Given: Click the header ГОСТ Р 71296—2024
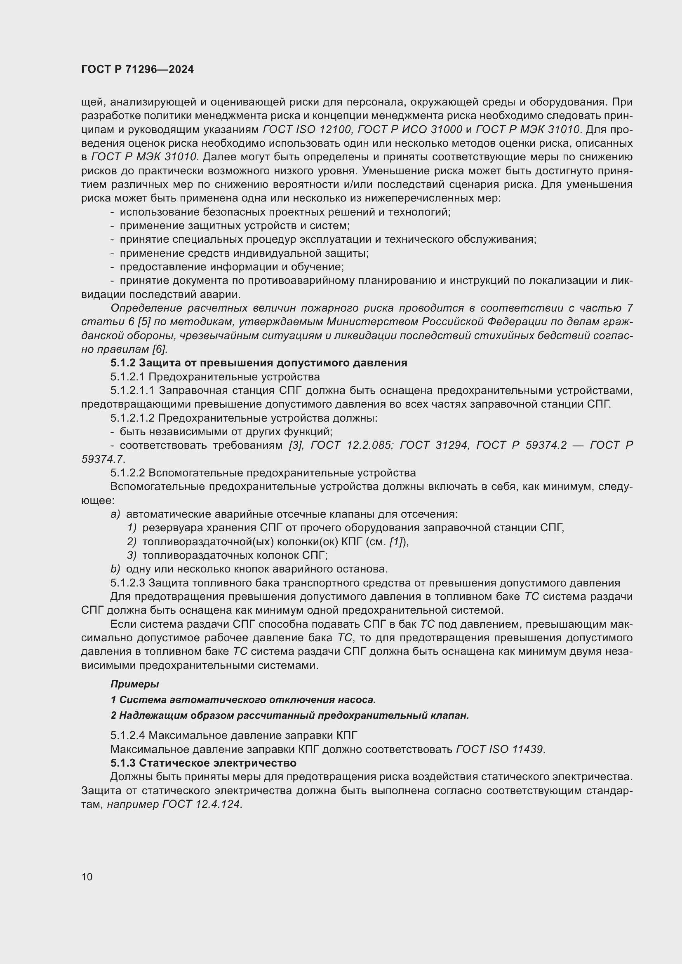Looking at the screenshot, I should tap(137, 70).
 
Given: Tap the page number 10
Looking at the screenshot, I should tap(87, 877).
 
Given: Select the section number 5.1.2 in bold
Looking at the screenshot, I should tap(122, 363).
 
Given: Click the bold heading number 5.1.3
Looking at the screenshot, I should tap(122, 762).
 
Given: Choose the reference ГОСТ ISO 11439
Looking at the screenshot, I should tap(500, 749).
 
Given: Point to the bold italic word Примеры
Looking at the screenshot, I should tap(134, 684).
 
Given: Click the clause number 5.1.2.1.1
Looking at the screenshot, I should tap(133, 390).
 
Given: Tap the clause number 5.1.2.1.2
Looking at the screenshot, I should tap(133, 418).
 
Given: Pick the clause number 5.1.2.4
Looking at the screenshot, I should tap(128, 735).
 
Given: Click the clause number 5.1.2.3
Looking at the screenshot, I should tap(128, 583).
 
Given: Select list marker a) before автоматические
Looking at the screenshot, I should tap(115, 514).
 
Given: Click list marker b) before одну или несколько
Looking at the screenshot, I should tap(115, 569).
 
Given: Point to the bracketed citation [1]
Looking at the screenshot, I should tap(396, 542).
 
